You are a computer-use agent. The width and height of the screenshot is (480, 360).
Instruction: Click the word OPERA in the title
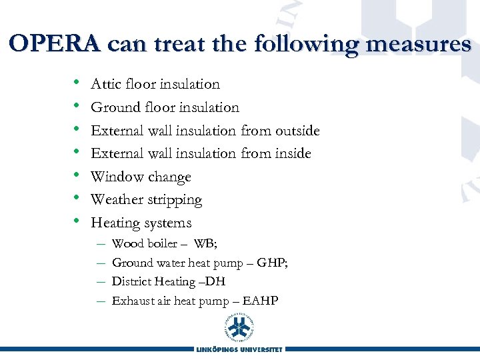[55, 44]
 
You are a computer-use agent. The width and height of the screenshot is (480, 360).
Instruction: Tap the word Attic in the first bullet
[105, 84]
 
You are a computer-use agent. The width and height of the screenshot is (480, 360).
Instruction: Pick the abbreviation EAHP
[261, 301]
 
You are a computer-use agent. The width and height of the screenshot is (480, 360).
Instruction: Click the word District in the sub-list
[131, 282]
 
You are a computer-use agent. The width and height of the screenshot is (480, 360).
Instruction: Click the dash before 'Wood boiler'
[100, 244]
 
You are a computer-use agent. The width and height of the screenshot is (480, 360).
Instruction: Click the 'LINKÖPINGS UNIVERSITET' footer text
[240, 349]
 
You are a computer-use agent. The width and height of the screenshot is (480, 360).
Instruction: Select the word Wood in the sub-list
[125, 244]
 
